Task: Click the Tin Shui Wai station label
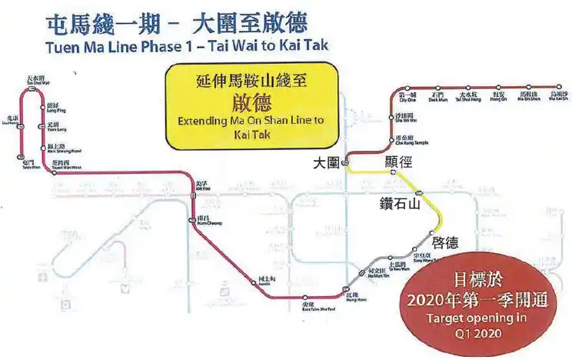(x=35, y=81)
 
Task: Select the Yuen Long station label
(x=52, y=126)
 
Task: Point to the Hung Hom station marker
(x=344, y=291)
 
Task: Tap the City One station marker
(x=407, y=89)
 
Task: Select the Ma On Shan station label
(x=529, y=97)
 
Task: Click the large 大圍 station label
(x=327, y=163)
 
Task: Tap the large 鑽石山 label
(x=400, y=205)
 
